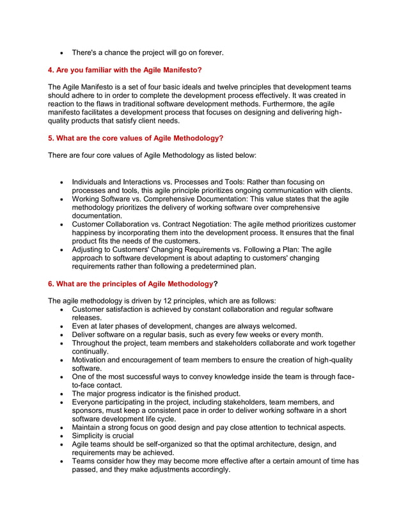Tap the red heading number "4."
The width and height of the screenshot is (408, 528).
pyautogui.click(x=52, y=70)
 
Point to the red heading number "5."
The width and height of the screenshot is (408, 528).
pyautogui.click(x=52, y=138)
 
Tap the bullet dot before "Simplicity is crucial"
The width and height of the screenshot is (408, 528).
pyautogui.click(x=61, y=436)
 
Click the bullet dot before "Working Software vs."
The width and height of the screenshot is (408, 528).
pyautogui.click(x=61, y=199)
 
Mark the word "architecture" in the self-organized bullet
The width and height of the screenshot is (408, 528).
pyautogui.click(x=276, y=444)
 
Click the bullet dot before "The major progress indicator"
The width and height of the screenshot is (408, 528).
pyautogui.click(x=61, y=394)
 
